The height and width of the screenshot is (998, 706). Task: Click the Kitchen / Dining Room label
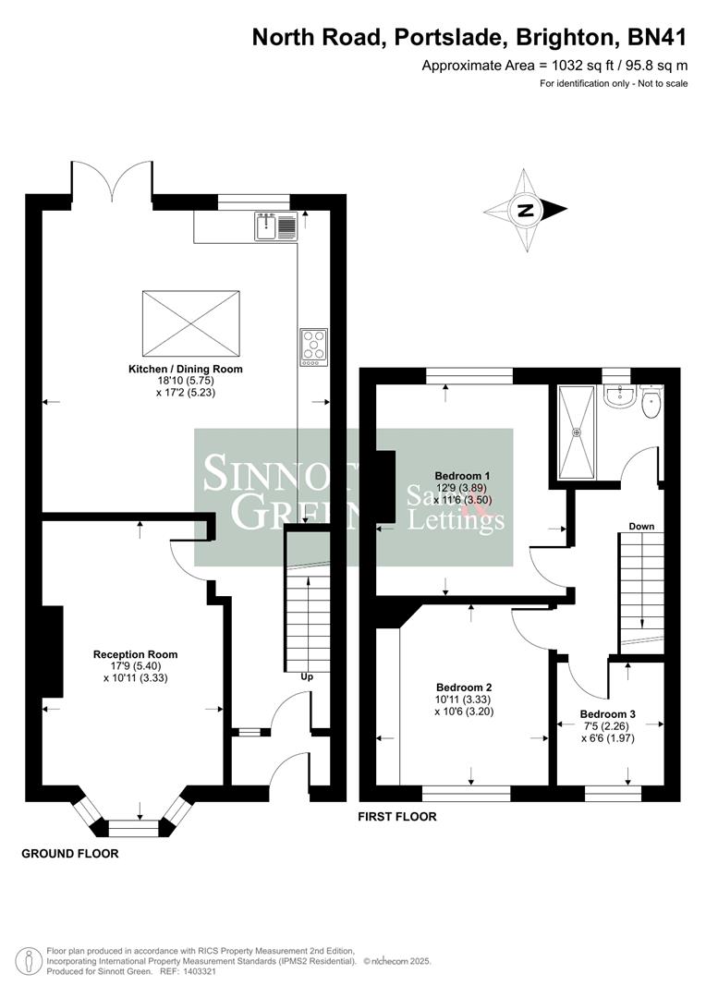[185, 369]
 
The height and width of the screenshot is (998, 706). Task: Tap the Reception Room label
[135, 654]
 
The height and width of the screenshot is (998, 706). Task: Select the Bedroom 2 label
[463, 688]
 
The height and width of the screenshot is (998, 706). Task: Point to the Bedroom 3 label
[607, 714]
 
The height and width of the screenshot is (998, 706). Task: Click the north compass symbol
[526, 210]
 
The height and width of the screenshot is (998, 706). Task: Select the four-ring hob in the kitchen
[313, 347]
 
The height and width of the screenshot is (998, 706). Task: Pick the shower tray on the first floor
[579, 431]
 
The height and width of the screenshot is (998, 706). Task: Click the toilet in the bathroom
[651, 402]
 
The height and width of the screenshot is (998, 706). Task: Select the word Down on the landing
[641, 526]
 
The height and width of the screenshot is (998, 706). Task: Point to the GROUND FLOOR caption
[70, 854]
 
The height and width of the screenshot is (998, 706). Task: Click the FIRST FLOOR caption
[397, 817]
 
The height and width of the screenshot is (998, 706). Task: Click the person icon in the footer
[30, 958]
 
